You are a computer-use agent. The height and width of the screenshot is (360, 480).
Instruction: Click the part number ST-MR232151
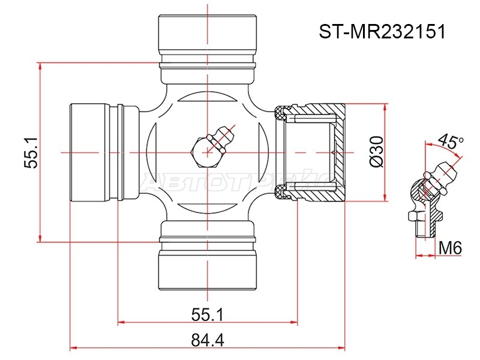click(x=382, y=32)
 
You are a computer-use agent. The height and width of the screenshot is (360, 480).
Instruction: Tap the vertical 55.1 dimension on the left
click(x=31, y=152)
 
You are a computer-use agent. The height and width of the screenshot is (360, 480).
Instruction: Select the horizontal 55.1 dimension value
click(x=208, y=314)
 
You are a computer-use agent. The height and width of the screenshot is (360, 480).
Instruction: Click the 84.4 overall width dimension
click(x=208, y=340)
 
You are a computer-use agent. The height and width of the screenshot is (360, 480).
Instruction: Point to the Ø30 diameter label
click(x=376, y=152)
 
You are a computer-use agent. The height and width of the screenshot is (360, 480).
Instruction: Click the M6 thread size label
click(x=449, y=248)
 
